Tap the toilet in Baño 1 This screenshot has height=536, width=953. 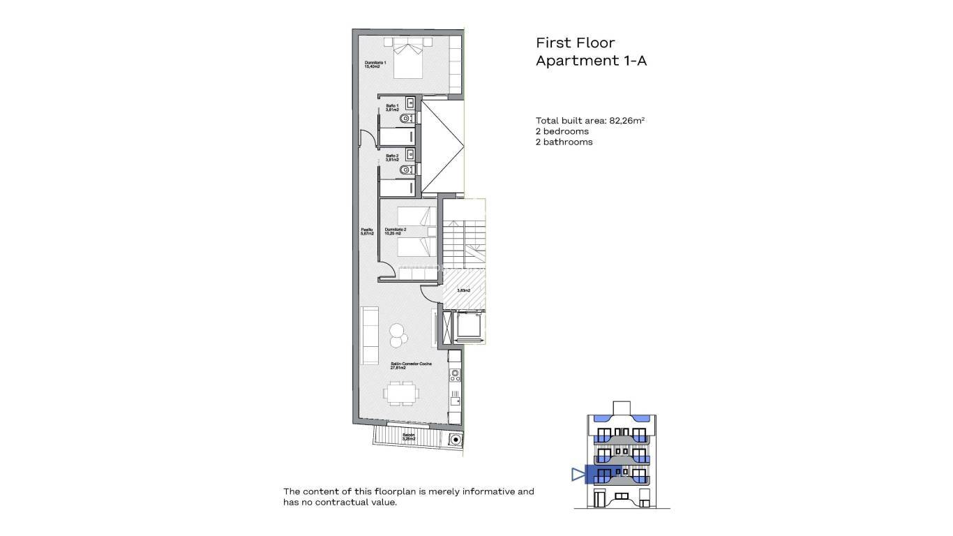(x=406, y=119)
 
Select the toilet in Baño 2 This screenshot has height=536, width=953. (x=406, y=170)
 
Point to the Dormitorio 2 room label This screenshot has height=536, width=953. (x=396, y=231)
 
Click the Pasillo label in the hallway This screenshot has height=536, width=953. (x=367, y=231)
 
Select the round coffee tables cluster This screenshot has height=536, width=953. (x=398, y=334)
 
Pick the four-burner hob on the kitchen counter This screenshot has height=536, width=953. (x=455, y=375)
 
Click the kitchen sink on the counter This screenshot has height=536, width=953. (x=455, y=400)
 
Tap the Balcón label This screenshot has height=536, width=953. (x=409, y=437)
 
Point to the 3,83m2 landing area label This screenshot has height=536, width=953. (x=463, y=290)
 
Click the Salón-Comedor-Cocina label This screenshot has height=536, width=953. (x=411, y=366)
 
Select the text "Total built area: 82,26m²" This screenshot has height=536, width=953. (x=590, y=120)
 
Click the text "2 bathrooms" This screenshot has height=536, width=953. (x=564, y=142)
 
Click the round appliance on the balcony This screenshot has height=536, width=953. (x=455, y=440)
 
